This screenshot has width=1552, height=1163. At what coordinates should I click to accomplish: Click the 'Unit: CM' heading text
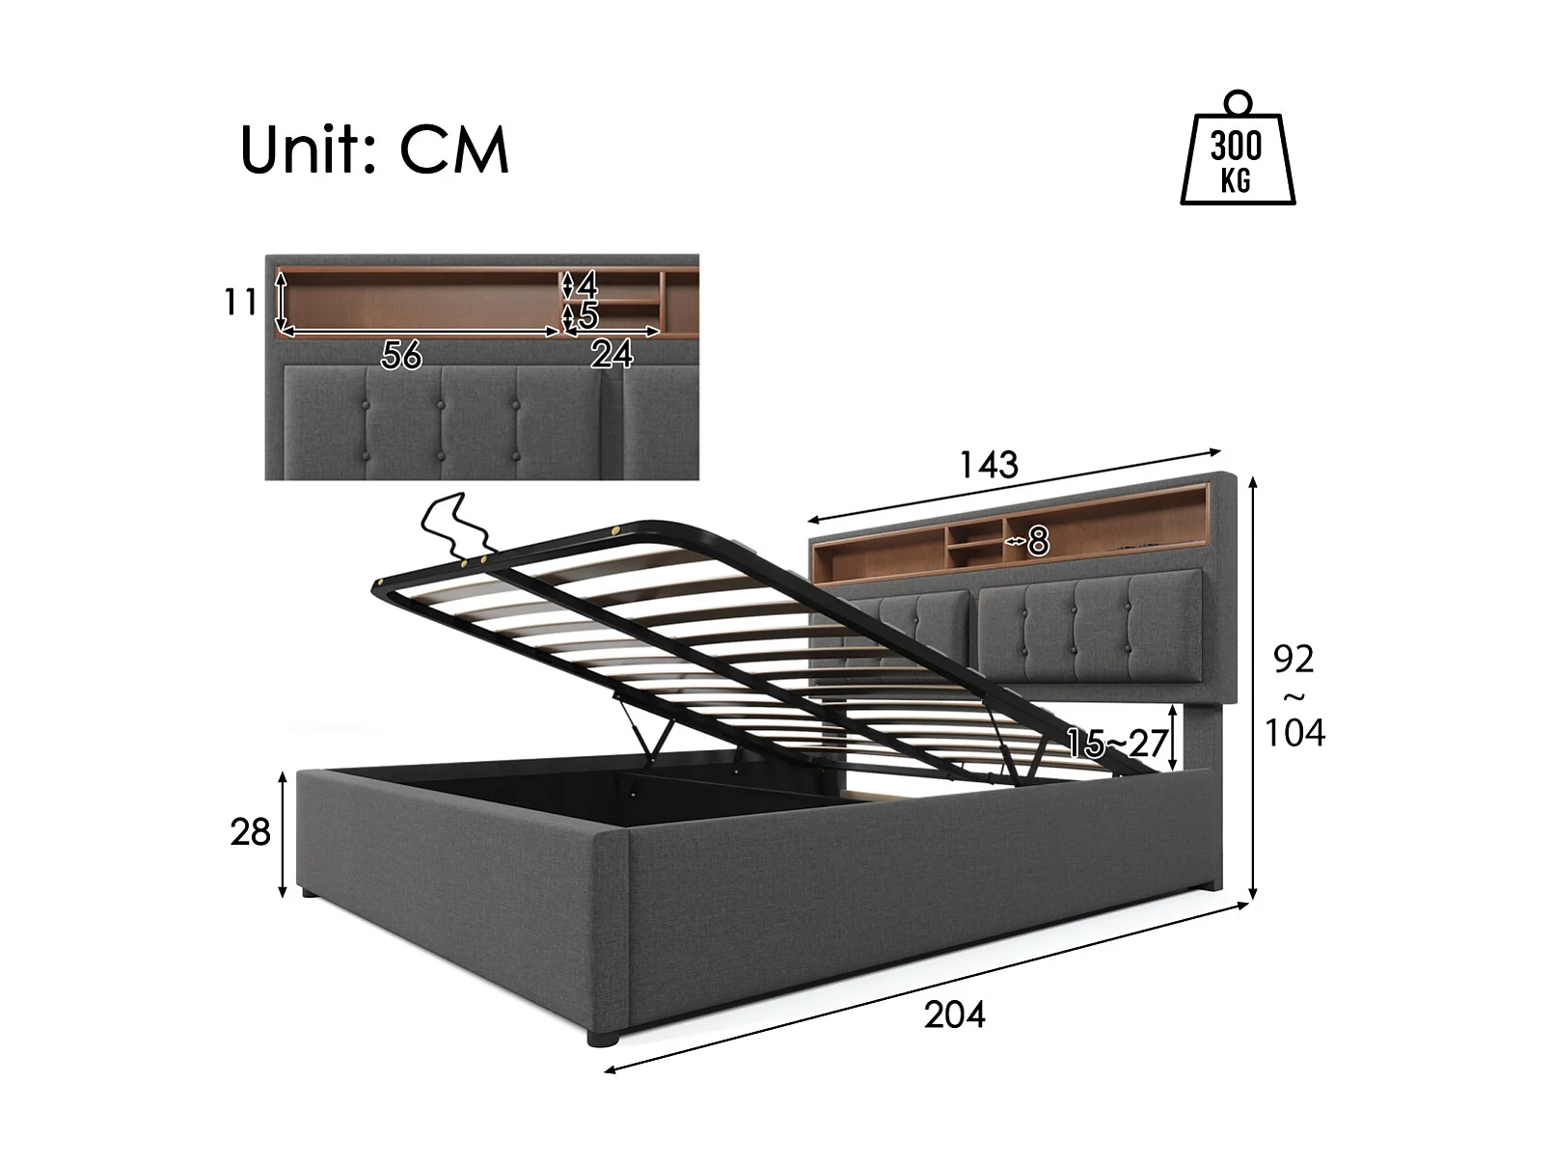(x=374, y=149)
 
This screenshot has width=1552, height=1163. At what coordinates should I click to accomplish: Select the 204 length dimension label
(x=954, y=1014)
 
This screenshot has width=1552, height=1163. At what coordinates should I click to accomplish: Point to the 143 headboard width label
(x=988, y=465)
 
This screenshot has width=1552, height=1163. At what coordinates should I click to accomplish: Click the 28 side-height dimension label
(x=250, y=831)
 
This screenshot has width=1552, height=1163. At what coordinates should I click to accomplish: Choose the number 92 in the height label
(x=1293, y=659)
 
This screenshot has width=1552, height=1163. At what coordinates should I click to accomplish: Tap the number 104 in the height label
(x=1294, y=733)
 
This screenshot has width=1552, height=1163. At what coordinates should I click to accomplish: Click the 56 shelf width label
(x=401, y=356)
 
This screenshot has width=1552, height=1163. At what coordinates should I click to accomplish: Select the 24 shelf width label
(x=612, y=355)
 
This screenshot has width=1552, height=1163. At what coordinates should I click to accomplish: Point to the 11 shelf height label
(x=240, y=302)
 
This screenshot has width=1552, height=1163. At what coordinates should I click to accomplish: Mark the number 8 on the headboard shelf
(x=1038, y=542)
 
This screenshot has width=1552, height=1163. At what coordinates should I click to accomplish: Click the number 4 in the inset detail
(x=587, y=284)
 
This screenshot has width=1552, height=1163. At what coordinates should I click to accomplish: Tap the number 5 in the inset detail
(x=588, y=316)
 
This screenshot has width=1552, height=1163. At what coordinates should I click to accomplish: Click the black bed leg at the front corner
(x=602, y=1038)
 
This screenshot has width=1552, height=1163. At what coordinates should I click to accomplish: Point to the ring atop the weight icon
(x=1237, y=101)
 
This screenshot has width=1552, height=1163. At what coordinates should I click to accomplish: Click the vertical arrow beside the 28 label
(x=283, y=833)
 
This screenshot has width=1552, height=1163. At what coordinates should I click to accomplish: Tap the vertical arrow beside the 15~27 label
(x=1172, y=738)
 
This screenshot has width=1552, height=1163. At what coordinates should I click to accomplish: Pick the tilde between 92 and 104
(x=1293, y=696)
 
